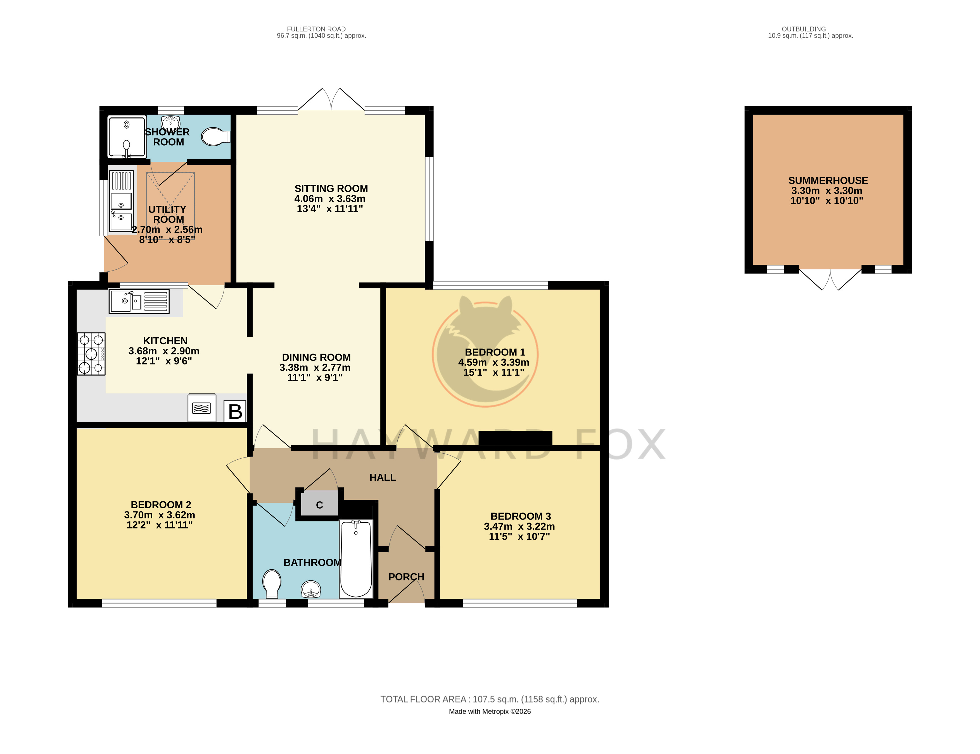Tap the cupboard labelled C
(319, 504)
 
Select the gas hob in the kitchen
(91, 354)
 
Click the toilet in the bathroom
(272, 584)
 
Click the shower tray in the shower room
(127, 137)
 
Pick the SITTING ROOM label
(331, 188)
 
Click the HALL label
(383, 478)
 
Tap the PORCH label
(406, 577)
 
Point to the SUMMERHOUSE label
(828, 181)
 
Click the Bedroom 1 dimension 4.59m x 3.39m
(493, 362)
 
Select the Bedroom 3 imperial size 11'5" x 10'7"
(519, 536)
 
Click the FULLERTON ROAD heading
(316, 29)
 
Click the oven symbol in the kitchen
(201, 408)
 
